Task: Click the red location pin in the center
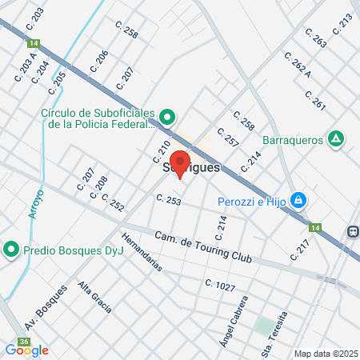tap(180, 163)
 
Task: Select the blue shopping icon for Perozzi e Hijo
tap(298, 199)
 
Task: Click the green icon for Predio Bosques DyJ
tap(11, 249)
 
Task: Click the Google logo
tap(26, 350)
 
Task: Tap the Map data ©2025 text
tap(325, 354)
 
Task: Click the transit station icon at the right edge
tap(353, 231)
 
